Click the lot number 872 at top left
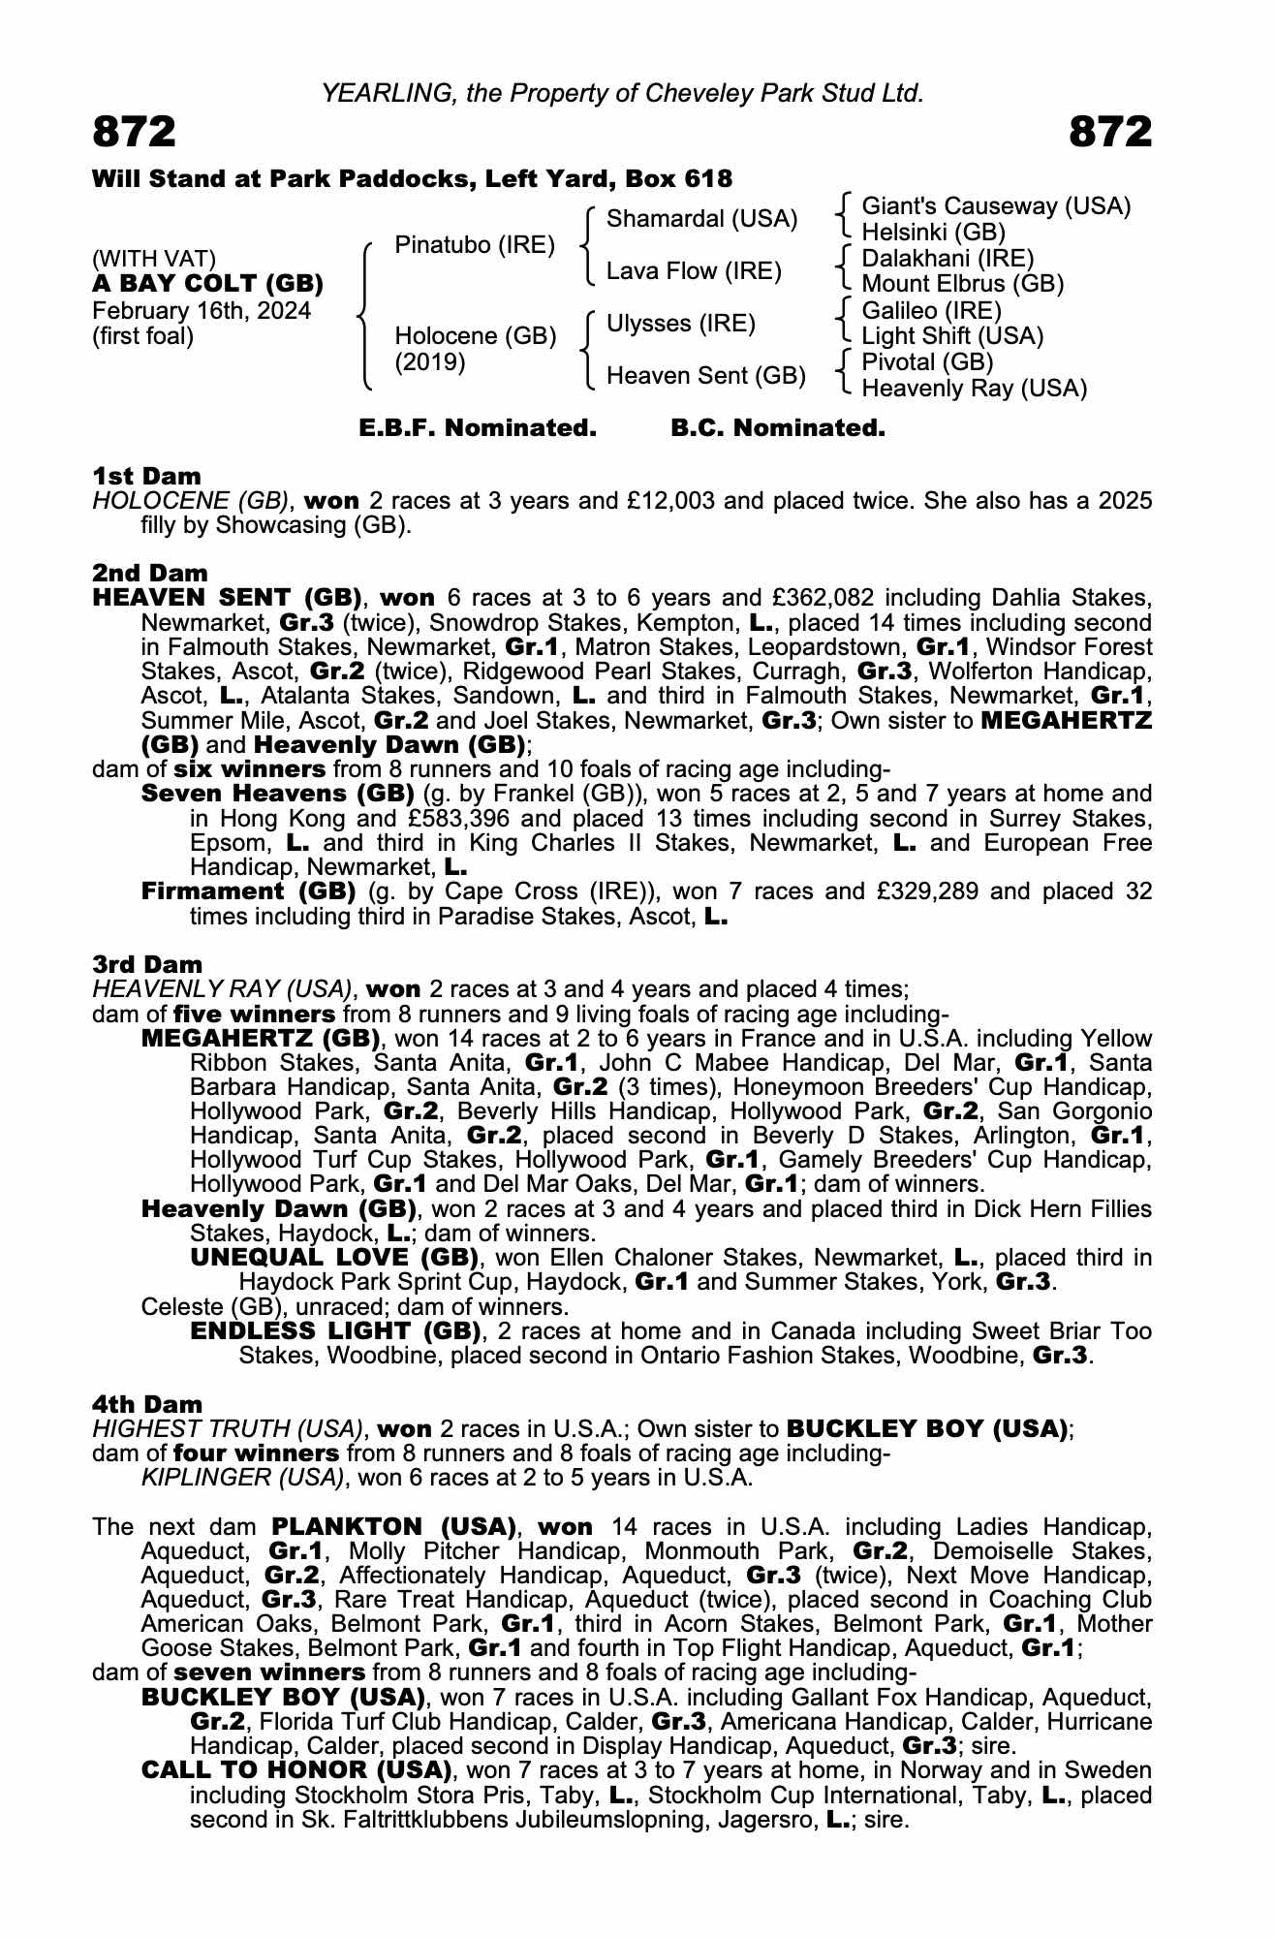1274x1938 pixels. click(135, 132)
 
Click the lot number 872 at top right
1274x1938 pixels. click(1110, 132)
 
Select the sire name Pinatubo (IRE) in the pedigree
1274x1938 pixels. click(475, 245)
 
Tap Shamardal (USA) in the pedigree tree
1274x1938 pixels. click(701, 219)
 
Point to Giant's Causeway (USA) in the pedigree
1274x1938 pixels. click(996, 206)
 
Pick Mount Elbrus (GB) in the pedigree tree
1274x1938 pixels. click(962, 284)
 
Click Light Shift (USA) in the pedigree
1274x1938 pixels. click(952, 336)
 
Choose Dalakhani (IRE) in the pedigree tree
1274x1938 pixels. click(948, 259)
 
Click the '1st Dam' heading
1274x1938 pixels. click(146, 476)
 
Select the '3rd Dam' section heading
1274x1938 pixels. click(147, 964)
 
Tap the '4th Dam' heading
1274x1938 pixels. click(147, 1404)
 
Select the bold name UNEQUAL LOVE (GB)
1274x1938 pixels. click(334, 1258)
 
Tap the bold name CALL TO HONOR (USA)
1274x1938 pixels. click(296, 1770)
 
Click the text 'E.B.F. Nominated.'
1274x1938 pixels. click(478, 428)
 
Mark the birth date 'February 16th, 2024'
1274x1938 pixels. click(202, 311)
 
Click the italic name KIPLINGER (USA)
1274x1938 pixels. click(242, 1478)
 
